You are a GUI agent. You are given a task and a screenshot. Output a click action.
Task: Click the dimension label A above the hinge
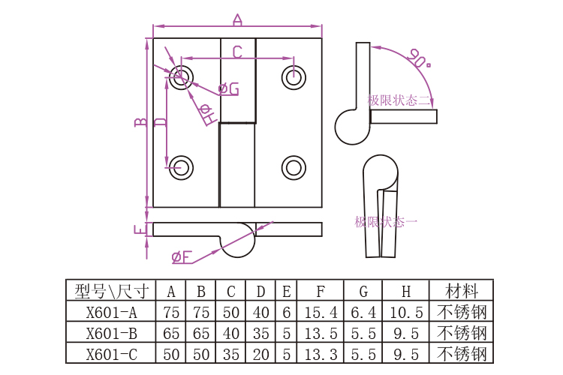pyautogui.click(x=237, y=19)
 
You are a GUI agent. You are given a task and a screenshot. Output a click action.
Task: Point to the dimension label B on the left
pyautogui.click(x=140, y=122)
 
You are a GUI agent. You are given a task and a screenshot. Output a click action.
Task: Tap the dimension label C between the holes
pyautogui.click(x=236, y=52)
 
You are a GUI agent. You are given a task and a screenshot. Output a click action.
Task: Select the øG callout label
pyautogui.click(x=228, y=89)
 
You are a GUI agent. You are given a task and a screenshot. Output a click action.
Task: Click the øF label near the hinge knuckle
pyautogui.click(x=181, y=257)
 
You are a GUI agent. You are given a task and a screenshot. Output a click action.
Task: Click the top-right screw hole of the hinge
pyautogui.click(x=294, y=76)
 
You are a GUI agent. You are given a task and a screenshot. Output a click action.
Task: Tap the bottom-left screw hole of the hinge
pyautogui.click(x=180, y=166)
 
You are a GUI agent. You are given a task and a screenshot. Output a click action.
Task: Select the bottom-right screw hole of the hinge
pyautogui.click(x=294, y=166)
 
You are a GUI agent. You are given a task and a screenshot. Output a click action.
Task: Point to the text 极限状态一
pyautogui.click(x=386, y=222)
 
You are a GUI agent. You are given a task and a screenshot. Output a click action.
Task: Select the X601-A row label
pyautogui.click(x=112, y=312)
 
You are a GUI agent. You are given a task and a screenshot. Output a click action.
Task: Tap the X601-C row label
pyautogui.click(x=112, y=352)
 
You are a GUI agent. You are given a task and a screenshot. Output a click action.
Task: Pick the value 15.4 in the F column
pyautogui.click(x=321, y=312)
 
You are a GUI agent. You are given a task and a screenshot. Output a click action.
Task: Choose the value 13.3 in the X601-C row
pyautogui.click(x=321, y=352)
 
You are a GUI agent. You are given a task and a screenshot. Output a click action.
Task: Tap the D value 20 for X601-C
pyautogui.click(x=260, y=352)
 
